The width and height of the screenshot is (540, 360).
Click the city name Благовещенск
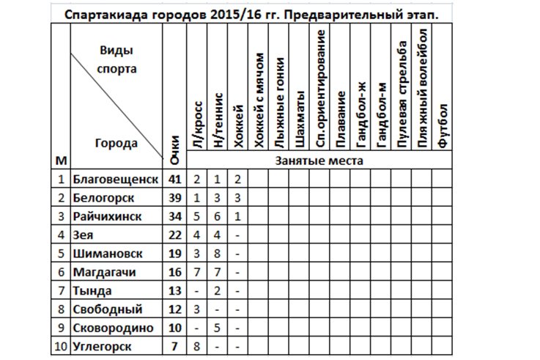(116, 179)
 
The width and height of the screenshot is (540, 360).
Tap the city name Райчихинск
(108, 217)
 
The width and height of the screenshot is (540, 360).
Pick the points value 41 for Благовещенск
(174, 179)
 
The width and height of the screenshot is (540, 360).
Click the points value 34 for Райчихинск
(174, 217)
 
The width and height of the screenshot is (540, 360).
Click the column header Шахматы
(299, 121)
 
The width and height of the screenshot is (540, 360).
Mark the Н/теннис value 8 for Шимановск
(218, 254)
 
